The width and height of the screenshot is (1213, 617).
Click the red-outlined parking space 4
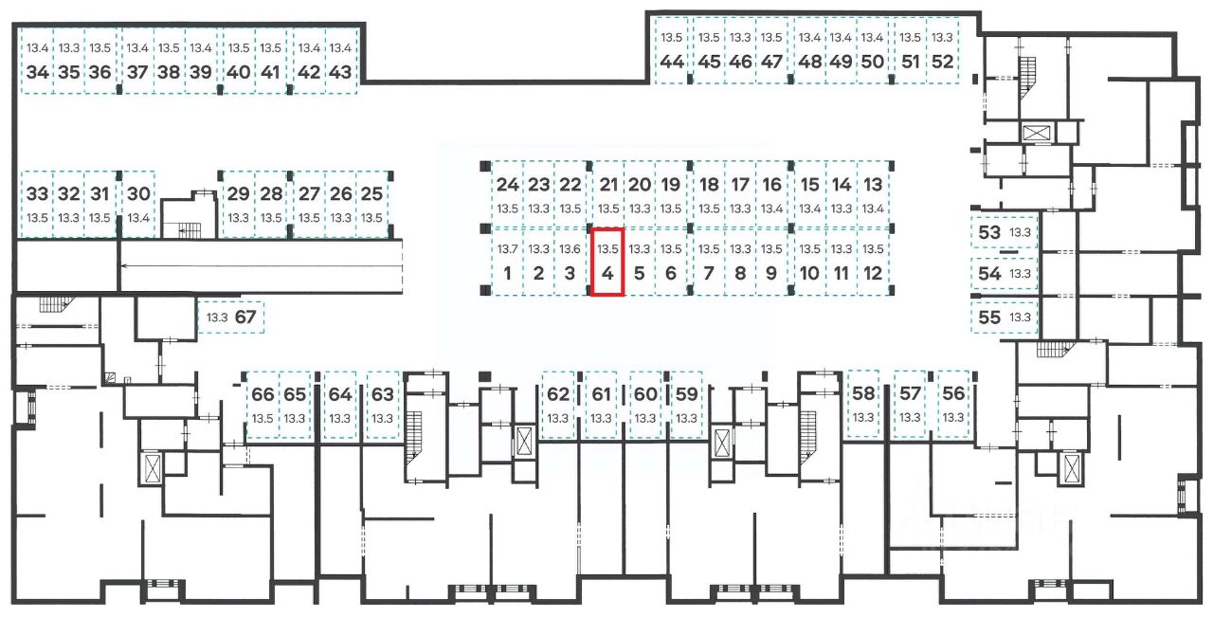(x=606, y=263)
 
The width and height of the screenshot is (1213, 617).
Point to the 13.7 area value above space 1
(x=508, y=249)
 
